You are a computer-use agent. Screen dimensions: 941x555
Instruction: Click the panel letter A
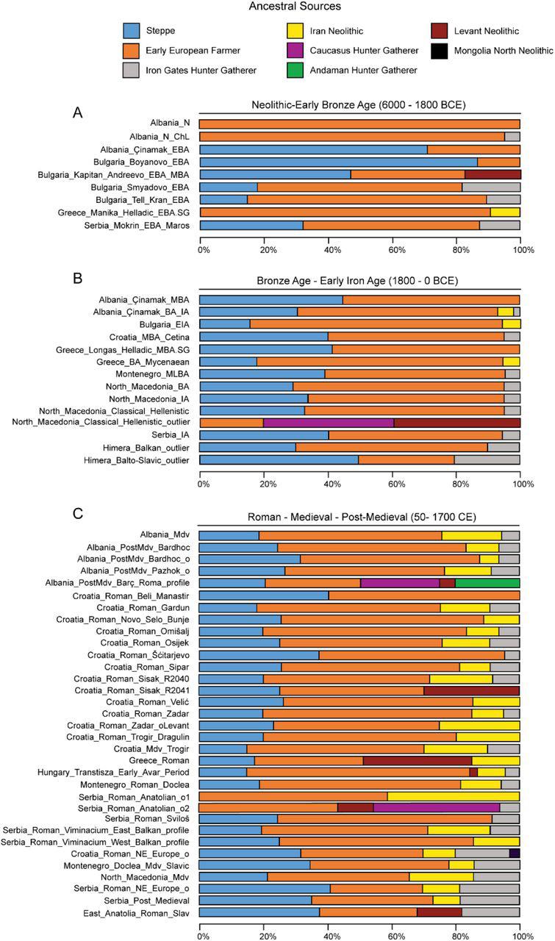point(78,112)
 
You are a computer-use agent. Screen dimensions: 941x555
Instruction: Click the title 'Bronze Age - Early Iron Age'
point(360,280)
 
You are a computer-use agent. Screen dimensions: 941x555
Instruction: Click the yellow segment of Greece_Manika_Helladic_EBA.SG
point(505,212)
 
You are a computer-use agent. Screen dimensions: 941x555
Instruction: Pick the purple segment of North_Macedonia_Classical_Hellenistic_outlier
point(329,422)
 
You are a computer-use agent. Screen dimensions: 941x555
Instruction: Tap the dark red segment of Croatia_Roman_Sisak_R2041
point(471,691)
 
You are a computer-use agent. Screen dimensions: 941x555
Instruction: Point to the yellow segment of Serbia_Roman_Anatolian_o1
point(453,795)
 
